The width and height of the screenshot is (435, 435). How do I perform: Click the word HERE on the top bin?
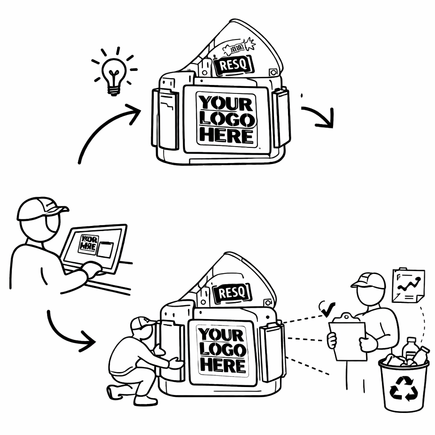pyautogui.click(x=226, y=136)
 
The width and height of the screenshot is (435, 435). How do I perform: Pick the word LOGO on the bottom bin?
pyautogui.click(x=223, y=350)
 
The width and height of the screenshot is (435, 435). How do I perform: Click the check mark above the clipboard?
pyautogui.click(x=328, y=309)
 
